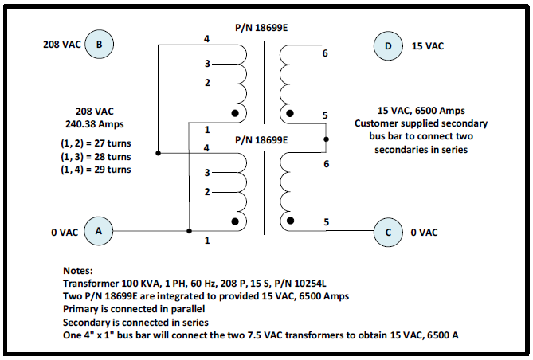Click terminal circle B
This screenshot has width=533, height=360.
tap(99, 45)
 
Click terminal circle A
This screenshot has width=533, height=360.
tap(99, 231)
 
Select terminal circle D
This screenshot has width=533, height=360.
tap(388, 46)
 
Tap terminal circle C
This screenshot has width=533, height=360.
tap(388, 233)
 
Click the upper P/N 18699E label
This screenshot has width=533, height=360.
tap(261, 28)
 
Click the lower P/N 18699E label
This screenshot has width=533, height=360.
tap(261, 140)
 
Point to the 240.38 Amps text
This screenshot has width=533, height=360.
tap(95, 124)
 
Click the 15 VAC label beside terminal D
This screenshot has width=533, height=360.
tap(428, 46)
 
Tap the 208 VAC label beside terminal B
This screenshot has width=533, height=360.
tap(62, 45)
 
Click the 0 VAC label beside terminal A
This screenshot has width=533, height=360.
tap(65, 233)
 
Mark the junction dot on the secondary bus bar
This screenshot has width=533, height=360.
tap(326, 139)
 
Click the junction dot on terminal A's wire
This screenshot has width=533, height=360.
tap(190, 231)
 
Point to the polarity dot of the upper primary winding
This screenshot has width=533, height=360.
tap(235, 113)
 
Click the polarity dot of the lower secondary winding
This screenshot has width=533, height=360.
tap(290, 221)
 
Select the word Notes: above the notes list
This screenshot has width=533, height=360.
tap(78, 271)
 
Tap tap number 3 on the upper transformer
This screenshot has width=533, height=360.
tap(207, 64)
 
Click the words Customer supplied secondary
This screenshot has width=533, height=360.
tap(421, 123)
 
